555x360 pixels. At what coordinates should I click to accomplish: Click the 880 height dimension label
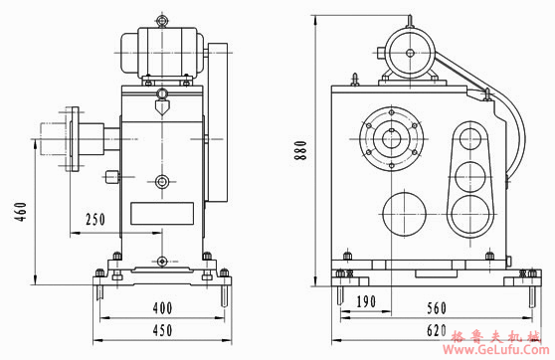pyautogui.click(x=300, y=150)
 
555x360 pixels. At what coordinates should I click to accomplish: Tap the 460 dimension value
pyautogui.click(x=21, y=212)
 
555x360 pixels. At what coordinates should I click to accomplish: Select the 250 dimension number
pyautogui.click(x=95, y=220)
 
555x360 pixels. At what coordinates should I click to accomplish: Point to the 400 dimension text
pyautogui.click(x=162, y=308)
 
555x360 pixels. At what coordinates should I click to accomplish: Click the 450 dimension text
pyautogui.click(x=162, y=330)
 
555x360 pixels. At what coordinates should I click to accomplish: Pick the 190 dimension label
pyautogui.click(x=366, y=301)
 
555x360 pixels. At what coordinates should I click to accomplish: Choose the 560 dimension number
pyautogui.click(x=437, y=308)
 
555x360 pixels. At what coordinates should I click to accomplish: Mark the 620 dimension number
pyautogui.click(x=437, y=330)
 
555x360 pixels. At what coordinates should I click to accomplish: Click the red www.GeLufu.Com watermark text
pyautogui.click(x=496, y=350)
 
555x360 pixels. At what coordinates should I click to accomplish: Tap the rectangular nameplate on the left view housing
pyautogui.click(x=162, y=214)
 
